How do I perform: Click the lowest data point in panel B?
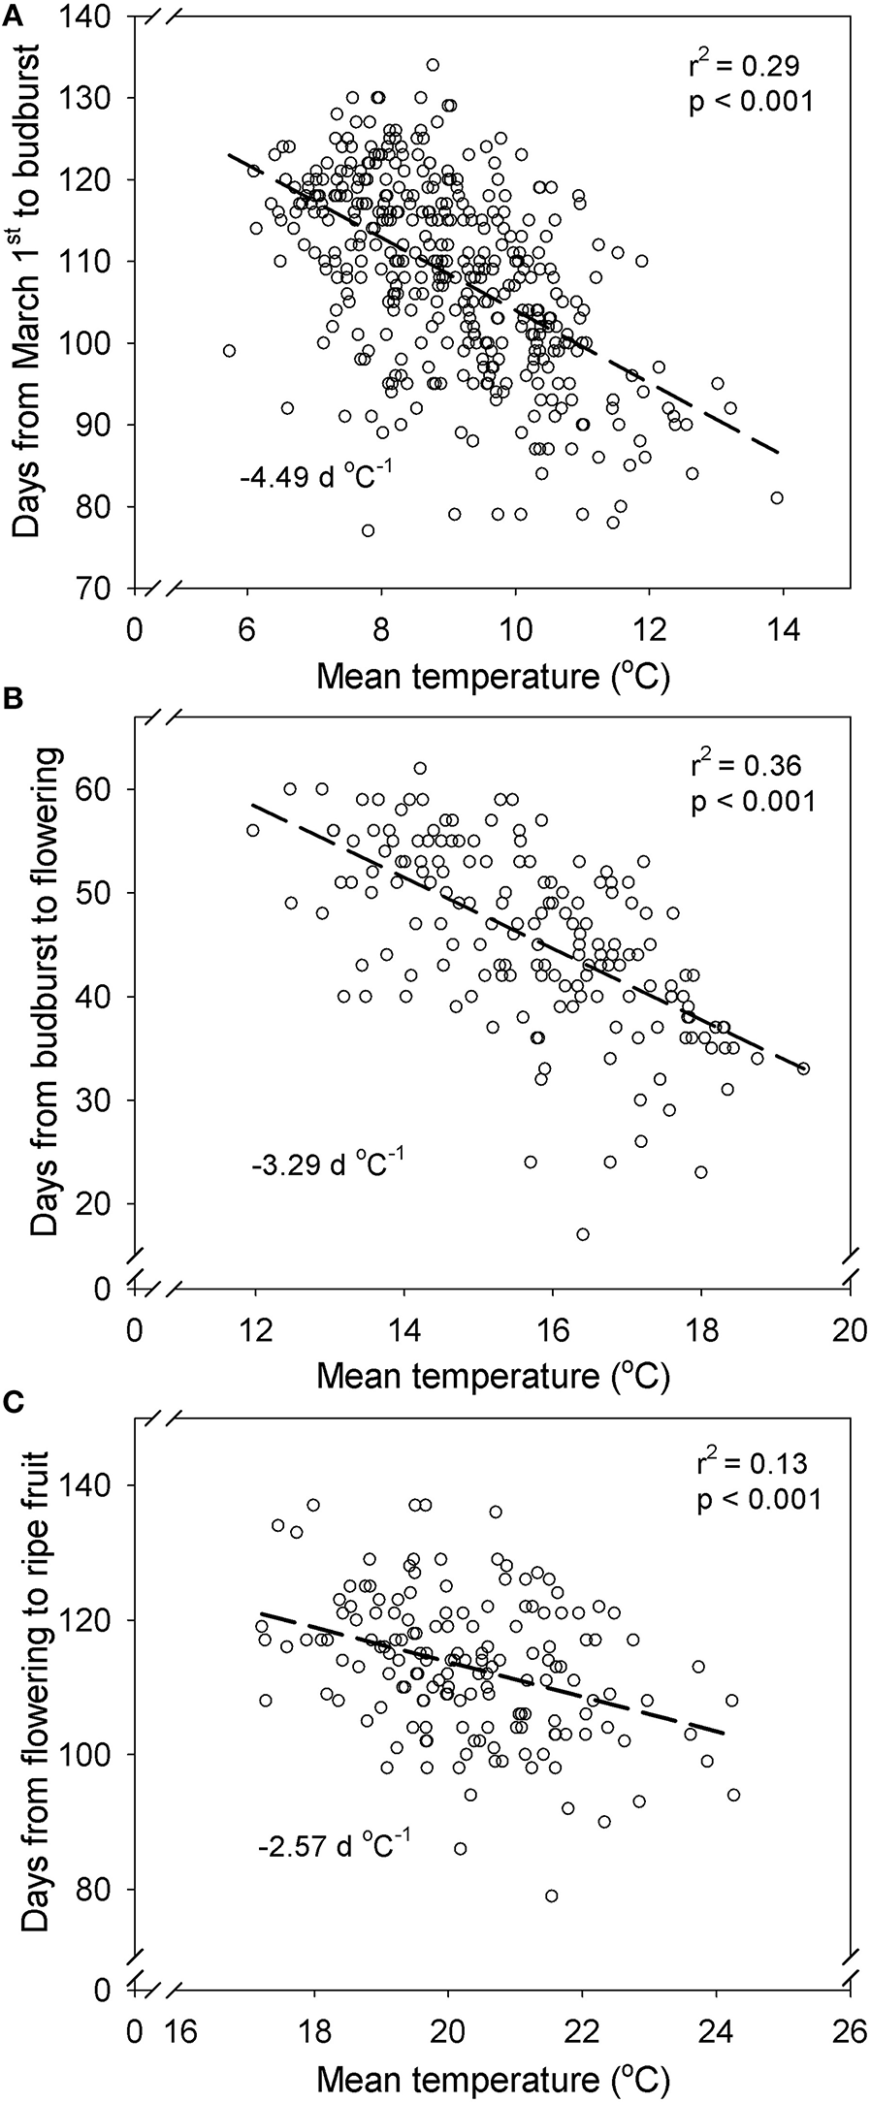[583, 1234]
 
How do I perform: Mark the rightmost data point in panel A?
[776, 497]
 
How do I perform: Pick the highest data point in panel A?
[433, 65]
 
